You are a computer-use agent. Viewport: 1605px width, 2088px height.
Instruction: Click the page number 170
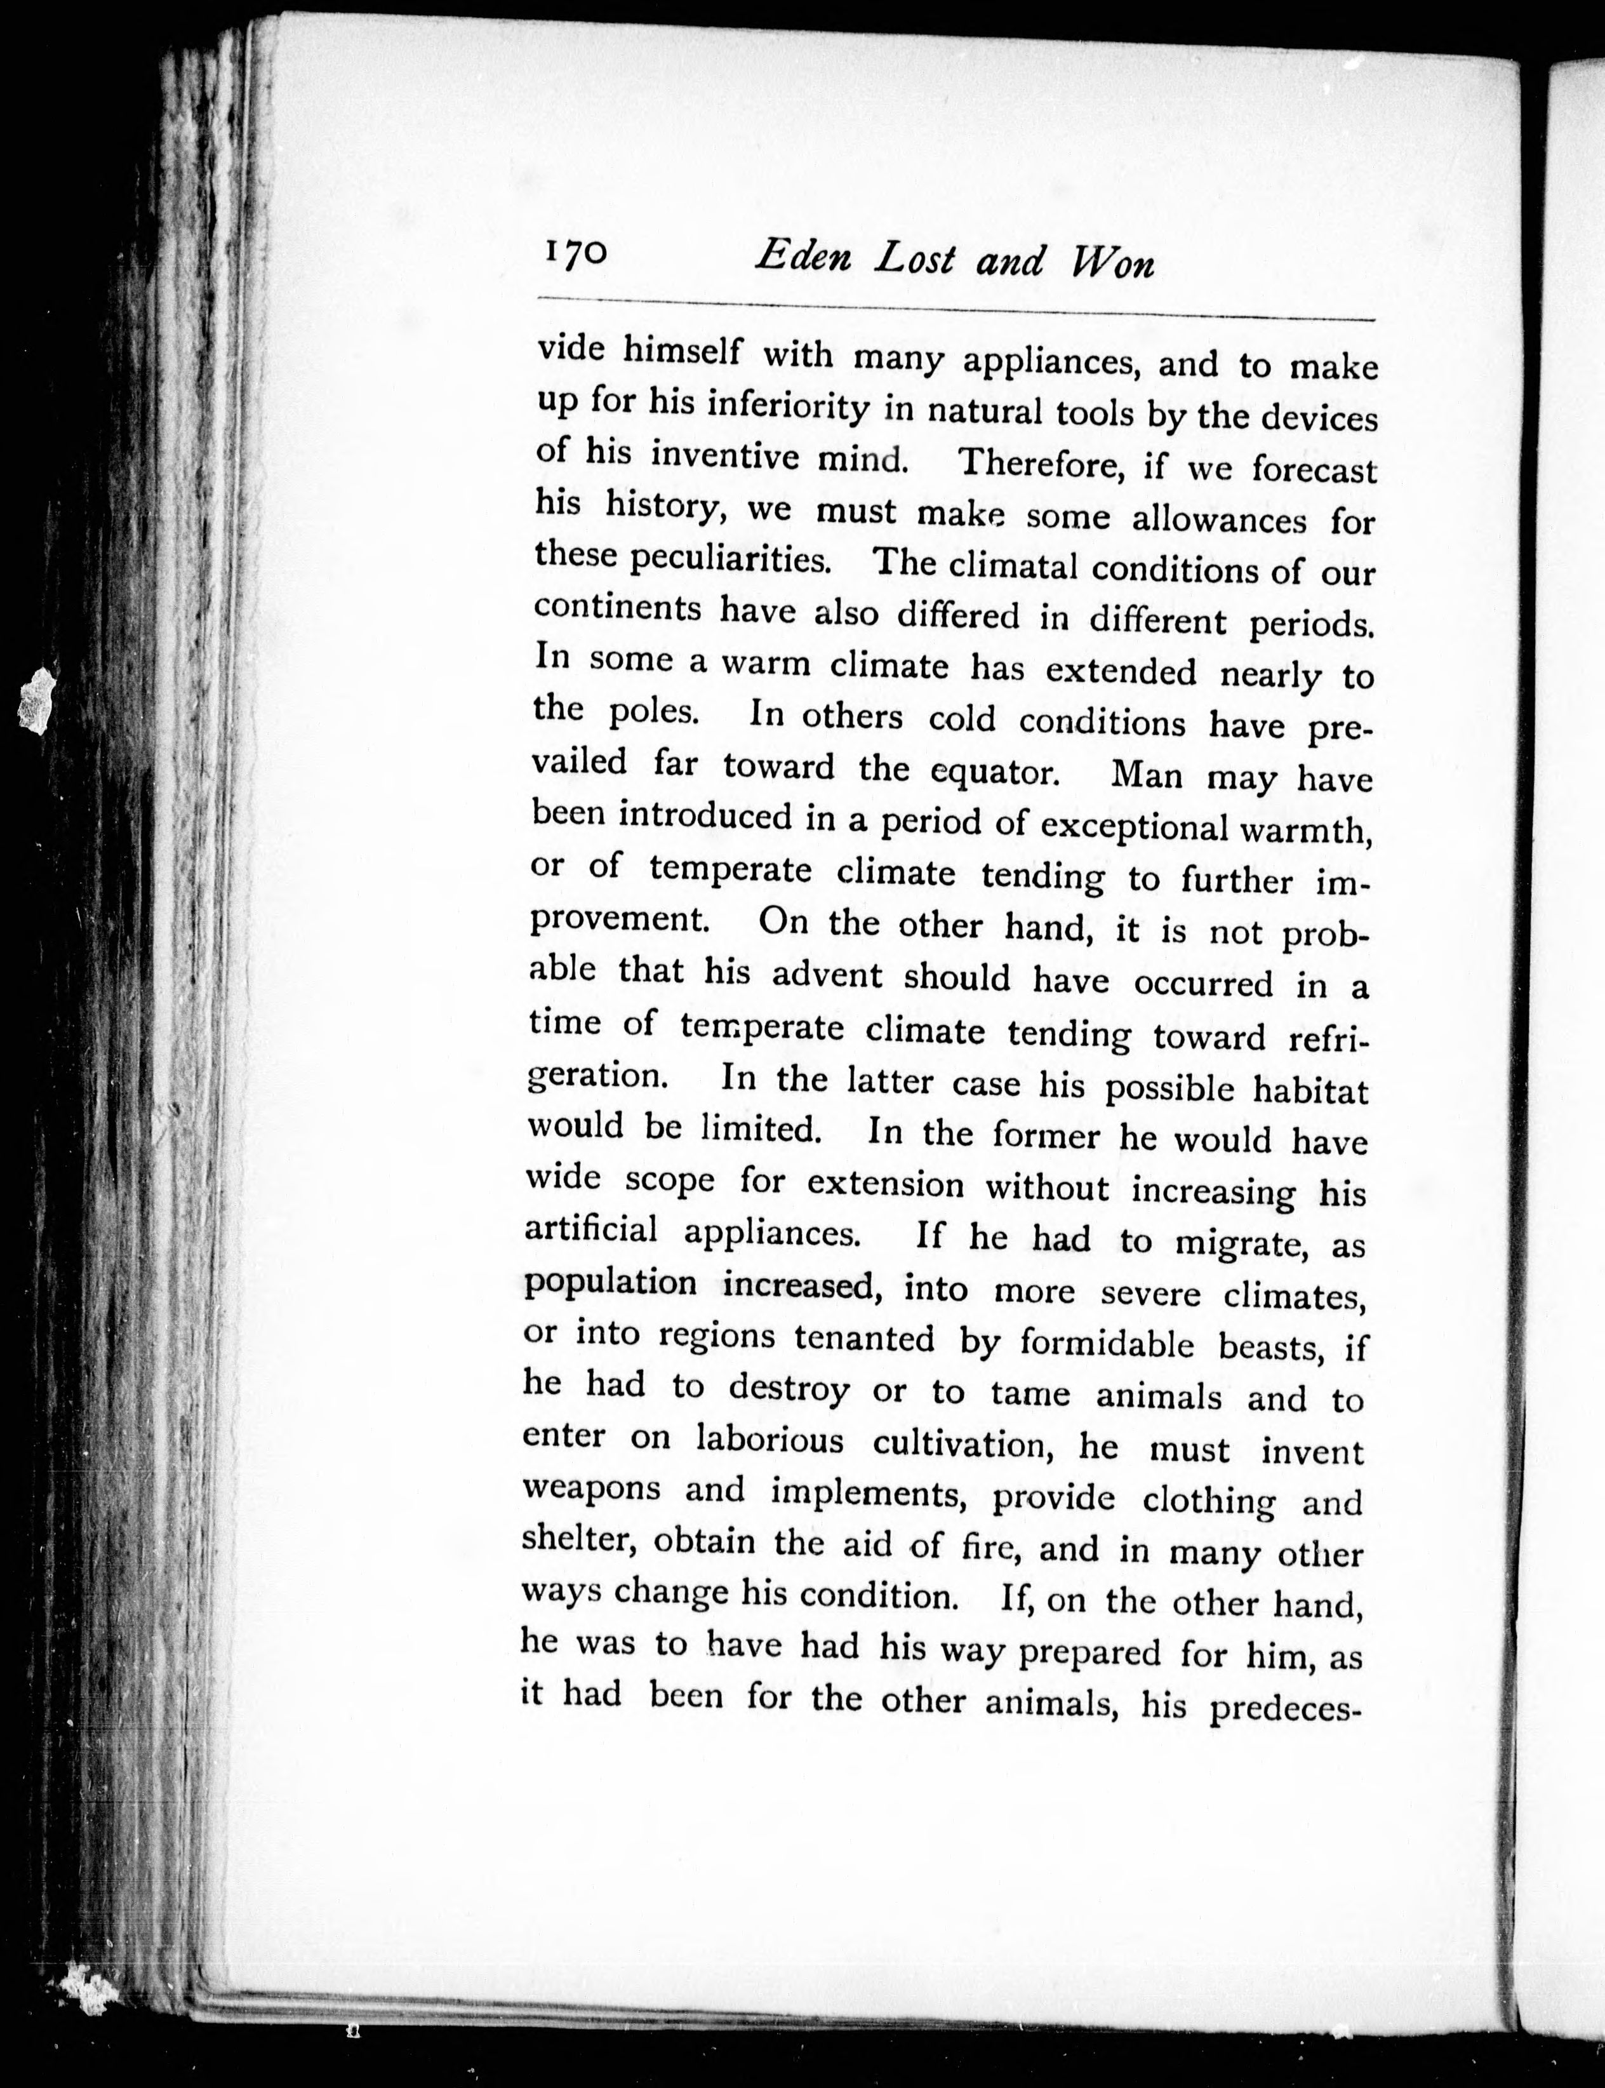(575, 253)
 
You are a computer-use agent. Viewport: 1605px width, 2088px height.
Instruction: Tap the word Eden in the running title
(801, 257)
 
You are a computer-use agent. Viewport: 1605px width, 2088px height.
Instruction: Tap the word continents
(617, 608)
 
